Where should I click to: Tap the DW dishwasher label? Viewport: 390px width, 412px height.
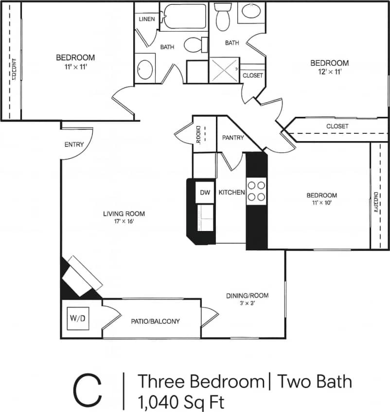(205, 193)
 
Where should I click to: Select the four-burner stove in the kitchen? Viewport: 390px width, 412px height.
(256, 191)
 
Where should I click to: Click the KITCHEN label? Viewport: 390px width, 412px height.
(231, 193)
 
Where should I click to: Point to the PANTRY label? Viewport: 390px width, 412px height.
(233, 138)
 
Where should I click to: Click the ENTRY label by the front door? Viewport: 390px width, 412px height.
(74, 144)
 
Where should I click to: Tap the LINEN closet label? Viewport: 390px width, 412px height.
(146, 19)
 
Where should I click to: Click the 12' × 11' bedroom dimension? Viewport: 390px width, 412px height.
(330, 72)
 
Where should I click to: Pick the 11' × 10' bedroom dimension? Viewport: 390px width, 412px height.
(321, 203)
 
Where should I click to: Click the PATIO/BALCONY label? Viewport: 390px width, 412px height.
(155, 322)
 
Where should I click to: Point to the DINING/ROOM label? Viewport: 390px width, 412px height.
(247, 295)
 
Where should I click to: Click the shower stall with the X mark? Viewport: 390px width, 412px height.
(225, 71)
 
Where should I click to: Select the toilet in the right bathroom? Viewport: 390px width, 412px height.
(223, 18)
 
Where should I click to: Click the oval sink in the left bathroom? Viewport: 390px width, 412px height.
(144, 71)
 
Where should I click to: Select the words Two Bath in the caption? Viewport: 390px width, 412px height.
(314, 381)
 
